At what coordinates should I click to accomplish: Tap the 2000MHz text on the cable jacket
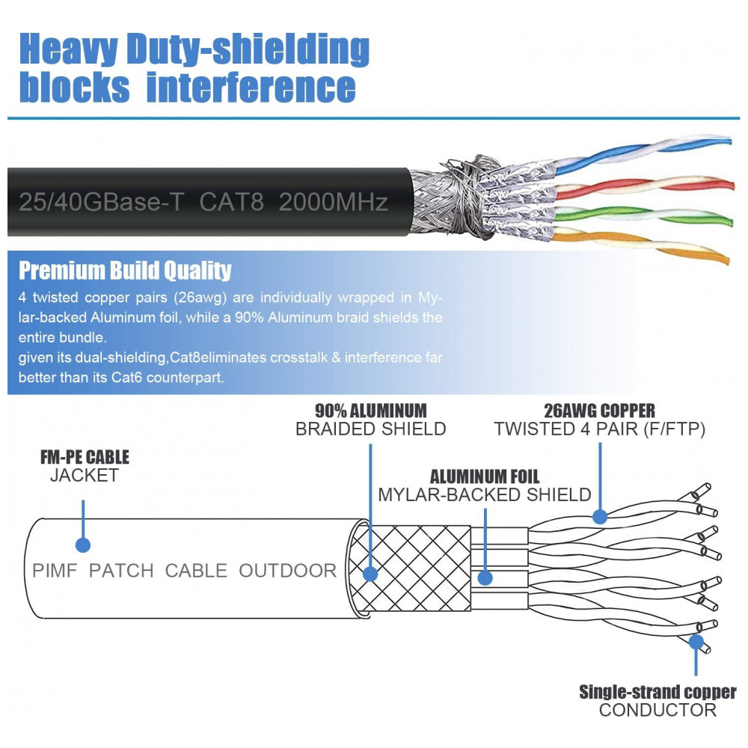pos(333,202)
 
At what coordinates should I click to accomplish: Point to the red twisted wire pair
pos(643,186)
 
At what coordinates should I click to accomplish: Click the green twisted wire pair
pos(643,216)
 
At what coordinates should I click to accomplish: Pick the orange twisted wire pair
pos(643,246)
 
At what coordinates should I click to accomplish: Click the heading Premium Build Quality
pos(125,270)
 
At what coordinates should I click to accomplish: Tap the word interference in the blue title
pos(251,87)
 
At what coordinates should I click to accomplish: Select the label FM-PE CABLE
pos(85,457)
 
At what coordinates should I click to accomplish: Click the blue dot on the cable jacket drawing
pos(83,544)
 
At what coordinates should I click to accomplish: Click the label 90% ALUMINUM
pos(370,411)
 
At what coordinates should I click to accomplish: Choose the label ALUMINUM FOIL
pos(484,476)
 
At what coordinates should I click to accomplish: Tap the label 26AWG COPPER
pos(600,411)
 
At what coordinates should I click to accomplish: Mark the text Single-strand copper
pos(657,692)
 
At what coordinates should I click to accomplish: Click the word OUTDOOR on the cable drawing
pos(287,571)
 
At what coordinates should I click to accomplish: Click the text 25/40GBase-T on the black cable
pos(99,202)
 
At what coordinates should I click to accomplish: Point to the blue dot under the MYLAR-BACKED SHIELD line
pos(485,577)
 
